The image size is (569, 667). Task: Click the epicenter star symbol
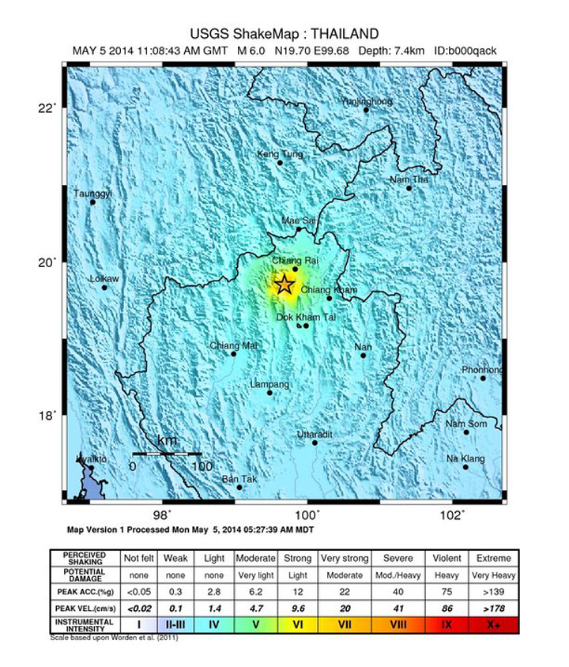(x=284, y=285)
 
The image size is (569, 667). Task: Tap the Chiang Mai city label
(x=234, y=345)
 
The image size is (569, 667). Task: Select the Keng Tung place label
(x=281, y=154)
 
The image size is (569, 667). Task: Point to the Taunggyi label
(x=93, y=193)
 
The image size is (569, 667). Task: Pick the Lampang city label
(x=269, y=384)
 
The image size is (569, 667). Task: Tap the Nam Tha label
(x=409, y=179)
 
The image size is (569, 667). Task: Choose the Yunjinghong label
(x=367, y=101)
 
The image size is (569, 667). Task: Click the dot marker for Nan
(x=364, y=355)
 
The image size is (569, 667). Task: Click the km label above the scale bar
(x=168, y=441)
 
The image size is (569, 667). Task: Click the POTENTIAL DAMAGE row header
(x=85, y=575)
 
